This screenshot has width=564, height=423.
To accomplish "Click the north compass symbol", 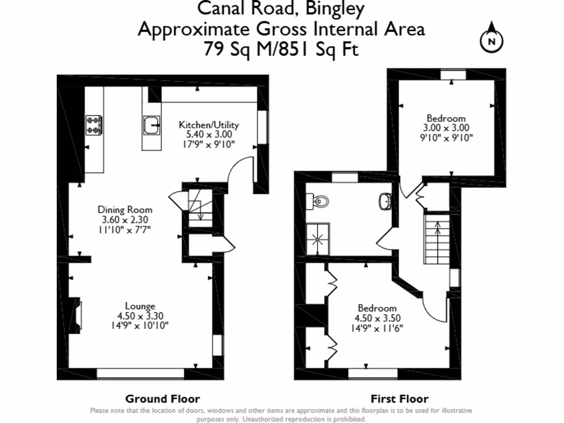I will tap(493, 38).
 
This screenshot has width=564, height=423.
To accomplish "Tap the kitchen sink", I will tap(150, 126).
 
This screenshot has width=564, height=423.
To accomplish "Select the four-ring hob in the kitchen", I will tap(94, 125).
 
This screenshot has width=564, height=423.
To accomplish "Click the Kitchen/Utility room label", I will tap(209, 125).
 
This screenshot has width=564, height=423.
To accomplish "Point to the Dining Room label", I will tap(125, 210).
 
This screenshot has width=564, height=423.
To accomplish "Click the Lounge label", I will tap(140, 306).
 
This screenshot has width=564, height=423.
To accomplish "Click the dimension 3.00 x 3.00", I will tap(446, 128).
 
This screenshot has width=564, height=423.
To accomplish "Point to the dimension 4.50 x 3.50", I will tap(377, 318).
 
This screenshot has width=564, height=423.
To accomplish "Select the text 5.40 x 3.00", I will tap(209, 134).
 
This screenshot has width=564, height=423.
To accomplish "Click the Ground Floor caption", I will tap(162, 399).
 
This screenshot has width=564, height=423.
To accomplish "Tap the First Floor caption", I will tap(399, 399).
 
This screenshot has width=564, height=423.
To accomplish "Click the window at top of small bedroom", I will tap(453, 75).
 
